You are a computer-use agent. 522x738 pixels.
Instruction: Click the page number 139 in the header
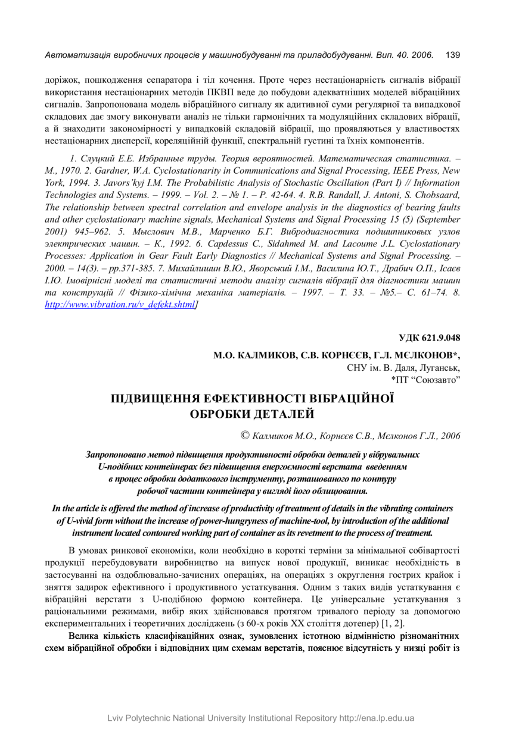click(452, 55)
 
